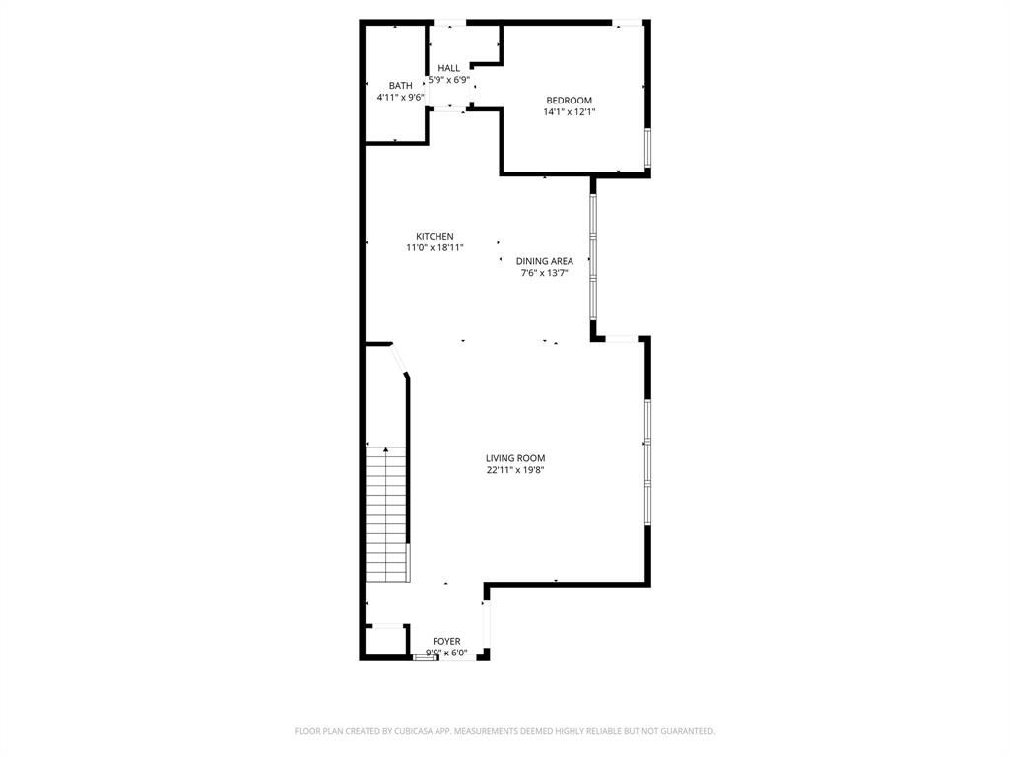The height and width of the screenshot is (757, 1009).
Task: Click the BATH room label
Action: coord(400,86)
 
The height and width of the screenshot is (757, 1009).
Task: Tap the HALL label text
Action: coord(448,68)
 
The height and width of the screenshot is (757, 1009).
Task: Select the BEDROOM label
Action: coord(569,101)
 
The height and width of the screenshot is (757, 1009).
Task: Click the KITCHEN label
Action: coord(435,237)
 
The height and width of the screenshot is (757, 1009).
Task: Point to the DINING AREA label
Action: coord(544,261)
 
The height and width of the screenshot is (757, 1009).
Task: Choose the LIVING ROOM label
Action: coord(514,458)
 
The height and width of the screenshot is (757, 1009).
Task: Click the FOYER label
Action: coord(446,642)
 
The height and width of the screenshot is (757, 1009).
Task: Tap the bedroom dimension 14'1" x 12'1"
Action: coord(569,112)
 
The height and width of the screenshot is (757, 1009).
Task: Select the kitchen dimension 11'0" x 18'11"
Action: coord(435,248)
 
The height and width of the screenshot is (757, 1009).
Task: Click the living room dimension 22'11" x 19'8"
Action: coord(514,470)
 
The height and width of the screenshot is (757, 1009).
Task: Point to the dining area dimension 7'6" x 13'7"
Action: coord(544,273)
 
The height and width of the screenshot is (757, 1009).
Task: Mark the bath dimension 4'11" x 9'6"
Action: coord(400,98)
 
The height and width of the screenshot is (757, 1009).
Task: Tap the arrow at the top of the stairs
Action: coord(386,450)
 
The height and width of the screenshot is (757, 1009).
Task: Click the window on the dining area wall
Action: coord(593,256)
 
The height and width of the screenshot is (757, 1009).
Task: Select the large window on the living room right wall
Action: coord(647,461)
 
